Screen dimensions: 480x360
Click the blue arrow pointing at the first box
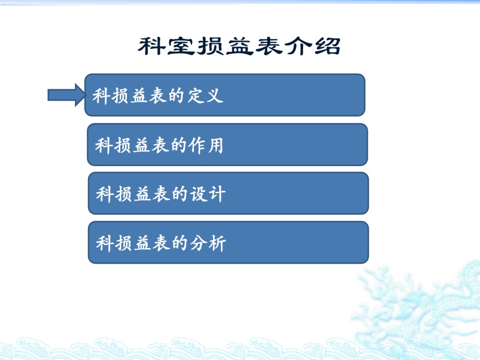pos(67,95)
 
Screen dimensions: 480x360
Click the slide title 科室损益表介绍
pos(239,46)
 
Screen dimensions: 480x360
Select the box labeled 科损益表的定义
pos(225,95)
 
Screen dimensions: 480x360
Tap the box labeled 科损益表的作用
pos(227,145)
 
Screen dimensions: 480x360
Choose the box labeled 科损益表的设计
pos(228,193)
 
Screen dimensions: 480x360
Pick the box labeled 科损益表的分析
pos(228,242)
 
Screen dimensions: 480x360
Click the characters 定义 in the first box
pos(206,95)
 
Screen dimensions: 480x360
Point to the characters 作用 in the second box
pos(206,145)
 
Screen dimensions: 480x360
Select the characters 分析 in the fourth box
pos(208,243)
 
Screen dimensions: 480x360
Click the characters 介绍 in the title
pos(312,46)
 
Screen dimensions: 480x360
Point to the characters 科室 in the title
pos(166,46)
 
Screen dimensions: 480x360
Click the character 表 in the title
pos(268,46)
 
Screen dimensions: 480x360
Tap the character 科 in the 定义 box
pos(102,96)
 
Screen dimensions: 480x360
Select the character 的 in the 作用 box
pos(178,145)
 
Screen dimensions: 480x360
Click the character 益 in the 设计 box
pos(142,194)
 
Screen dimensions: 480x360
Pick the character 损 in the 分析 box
pos(123,243)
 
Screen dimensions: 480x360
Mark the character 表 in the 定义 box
pos(158,96)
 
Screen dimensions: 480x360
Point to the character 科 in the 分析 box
pos(105,243)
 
